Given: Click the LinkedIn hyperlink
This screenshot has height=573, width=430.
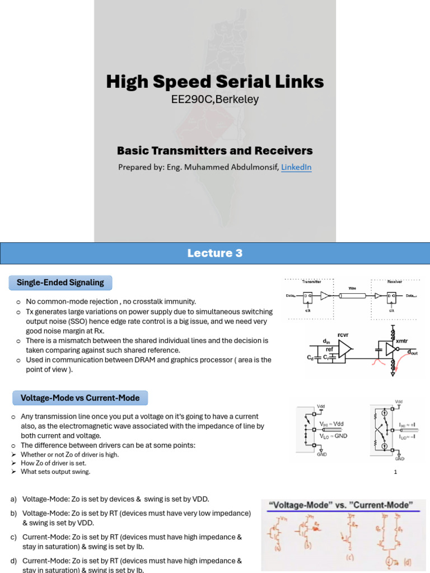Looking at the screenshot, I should click(296, 167).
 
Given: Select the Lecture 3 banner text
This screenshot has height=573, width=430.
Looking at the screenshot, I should click(215, 253).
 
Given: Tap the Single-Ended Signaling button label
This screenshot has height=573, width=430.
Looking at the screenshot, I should click(60, 283).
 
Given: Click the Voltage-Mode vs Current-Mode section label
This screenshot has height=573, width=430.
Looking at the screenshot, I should click(81, 398).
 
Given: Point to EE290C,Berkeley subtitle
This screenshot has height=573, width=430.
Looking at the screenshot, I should click(215, 100).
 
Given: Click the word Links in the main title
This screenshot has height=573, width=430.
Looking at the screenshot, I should click(296, 82).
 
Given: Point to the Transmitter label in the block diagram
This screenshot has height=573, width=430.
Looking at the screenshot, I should click(311, 283).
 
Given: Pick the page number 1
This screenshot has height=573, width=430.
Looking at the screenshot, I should click(395, 472).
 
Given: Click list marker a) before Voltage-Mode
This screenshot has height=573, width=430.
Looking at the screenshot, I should click(13, 499).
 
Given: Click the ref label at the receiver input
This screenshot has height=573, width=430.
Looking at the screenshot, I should click(329, 348).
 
